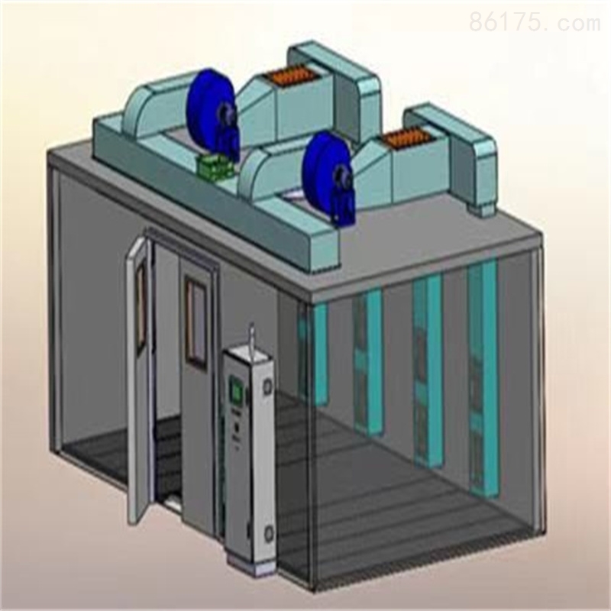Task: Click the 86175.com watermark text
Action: coord(535,21)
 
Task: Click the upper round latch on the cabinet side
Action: coord(267,387)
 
